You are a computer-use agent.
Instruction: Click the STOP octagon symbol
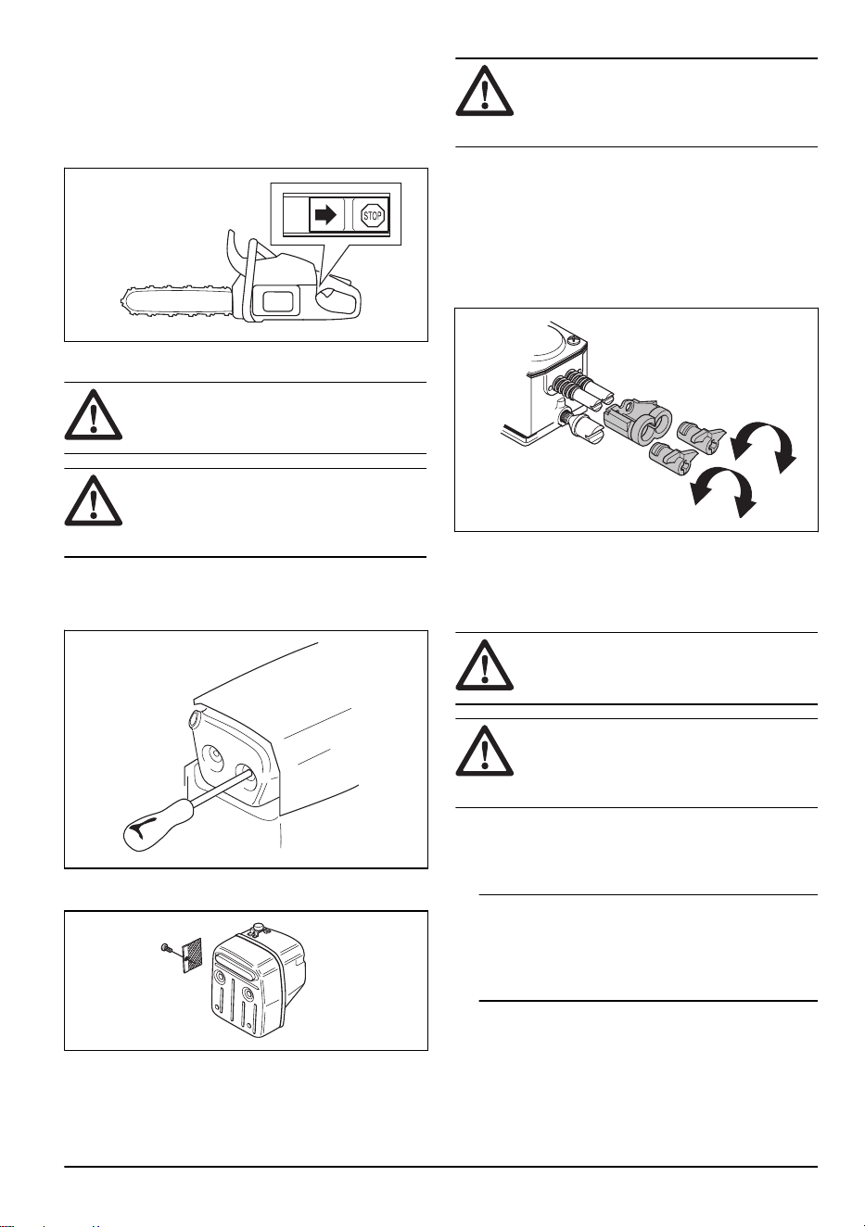(372, 216)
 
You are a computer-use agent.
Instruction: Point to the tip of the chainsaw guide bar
(121, 300)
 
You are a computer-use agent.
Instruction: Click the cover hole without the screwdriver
(212, 757)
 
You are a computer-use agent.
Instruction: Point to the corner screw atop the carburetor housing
(573, 341)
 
